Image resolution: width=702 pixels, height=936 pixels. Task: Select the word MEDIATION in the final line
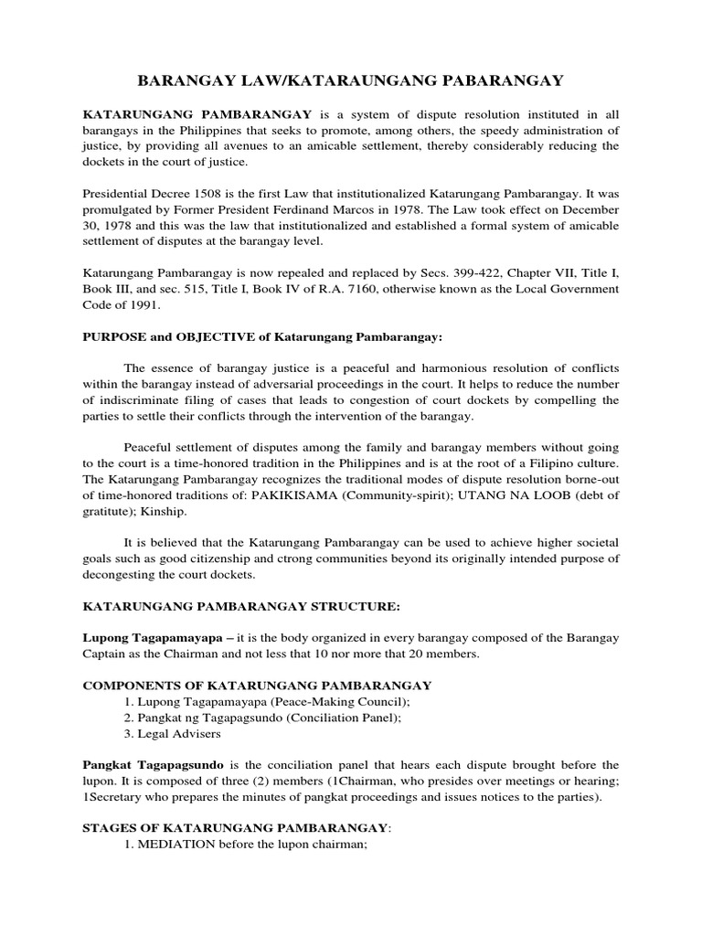pos(177,845)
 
